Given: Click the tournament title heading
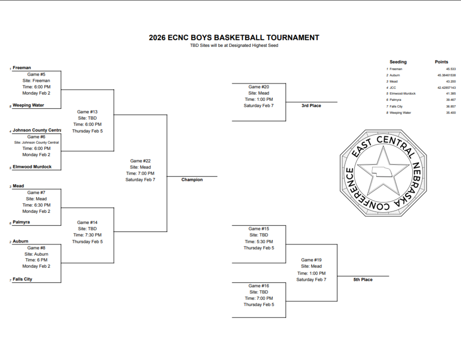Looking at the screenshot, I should [x=234, y=38].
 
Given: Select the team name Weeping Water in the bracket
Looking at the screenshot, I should [x=28, y=105].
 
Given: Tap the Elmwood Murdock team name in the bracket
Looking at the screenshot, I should [x=32, y=166].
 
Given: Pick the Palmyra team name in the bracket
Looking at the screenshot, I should [x=22, y=222].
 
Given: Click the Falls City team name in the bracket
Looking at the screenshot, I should [x=23, y=279].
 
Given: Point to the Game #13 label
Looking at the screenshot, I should [x=87, y=112].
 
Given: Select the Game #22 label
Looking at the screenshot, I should [x=140, y=161].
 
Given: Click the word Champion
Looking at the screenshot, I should [x=192, y=180].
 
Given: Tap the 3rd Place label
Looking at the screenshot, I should [x=311, y=105].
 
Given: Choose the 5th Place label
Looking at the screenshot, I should [x=362, y=279].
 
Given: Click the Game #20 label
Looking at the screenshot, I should [x=258, y=87].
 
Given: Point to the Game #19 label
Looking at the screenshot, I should [x=311, y=260].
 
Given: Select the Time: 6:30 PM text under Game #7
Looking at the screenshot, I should [x=36, y=205].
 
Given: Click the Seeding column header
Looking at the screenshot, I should [x=398, y=62].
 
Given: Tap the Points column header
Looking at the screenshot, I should [x=441, y=62].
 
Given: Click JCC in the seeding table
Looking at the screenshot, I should [x=393, y=87].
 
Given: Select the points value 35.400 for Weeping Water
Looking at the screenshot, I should [x=450, y=112].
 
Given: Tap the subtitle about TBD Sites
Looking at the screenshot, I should [x=234, y=45].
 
